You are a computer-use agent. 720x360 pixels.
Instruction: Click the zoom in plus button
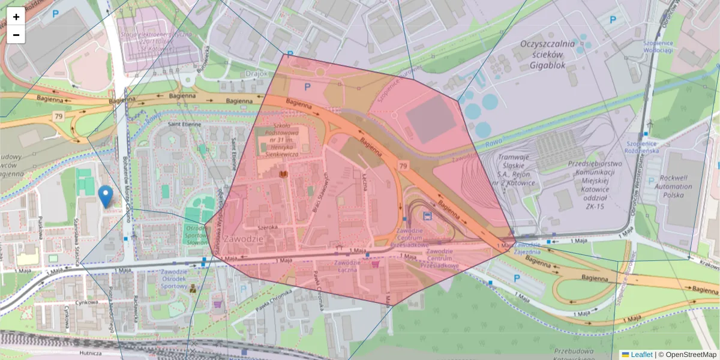coord(16,17)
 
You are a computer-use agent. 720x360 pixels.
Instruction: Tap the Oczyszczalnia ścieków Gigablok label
coord(547,55)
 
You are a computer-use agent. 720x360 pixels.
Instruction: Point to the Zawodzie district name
coord(242,239)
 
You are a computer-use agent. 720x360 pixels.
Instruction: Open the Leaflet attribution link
coord(641,355)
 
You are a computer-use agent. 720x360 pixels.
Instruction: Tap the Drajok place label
coord(257,74)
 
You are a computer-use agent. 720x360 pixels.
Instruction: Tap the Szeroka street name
coord(268,227)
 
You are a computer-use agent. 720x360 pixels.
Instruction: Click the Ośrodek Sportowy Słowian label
coord(196,236)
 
